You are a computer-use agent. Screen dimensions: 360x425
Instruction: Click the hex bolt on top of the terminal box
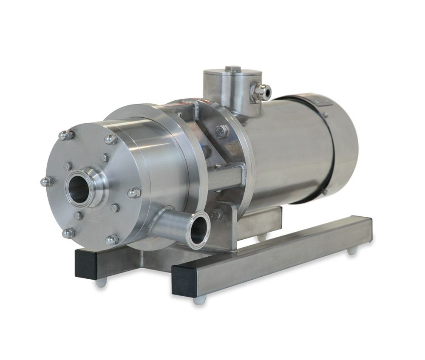coord(233,68)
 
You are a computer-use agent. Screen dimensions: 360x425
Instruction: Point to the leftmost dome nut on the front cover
coord(46,181)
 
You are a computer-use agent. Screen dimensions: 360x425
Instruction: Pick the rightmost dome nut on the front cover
coord(133,193)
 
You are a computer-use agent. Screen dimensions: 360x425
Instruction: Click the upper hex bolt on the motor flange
coord(221,131)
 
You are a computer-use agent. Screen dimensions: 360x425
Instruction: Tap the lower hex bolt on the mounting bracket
coord(216,215)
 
